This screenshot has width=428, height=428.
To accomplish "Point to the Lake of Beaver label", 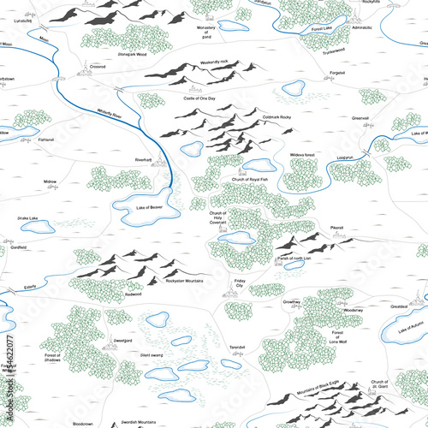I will [149, 206].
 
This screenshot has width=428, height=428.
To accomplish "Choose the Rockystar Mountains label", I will [183, 281].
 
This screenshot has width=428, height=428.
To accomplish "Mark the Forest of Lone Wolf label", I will [338, 336].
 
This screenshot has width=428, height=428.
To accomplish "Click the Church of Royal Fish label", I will [250, 179].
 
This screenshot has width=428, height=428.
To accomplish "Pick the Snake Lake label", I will [27, 218].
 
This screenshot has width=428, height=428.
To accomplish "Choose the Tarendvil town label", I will [237, 347].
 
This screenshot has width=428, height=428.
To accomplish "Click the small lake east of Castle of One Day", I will [294, 88].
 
